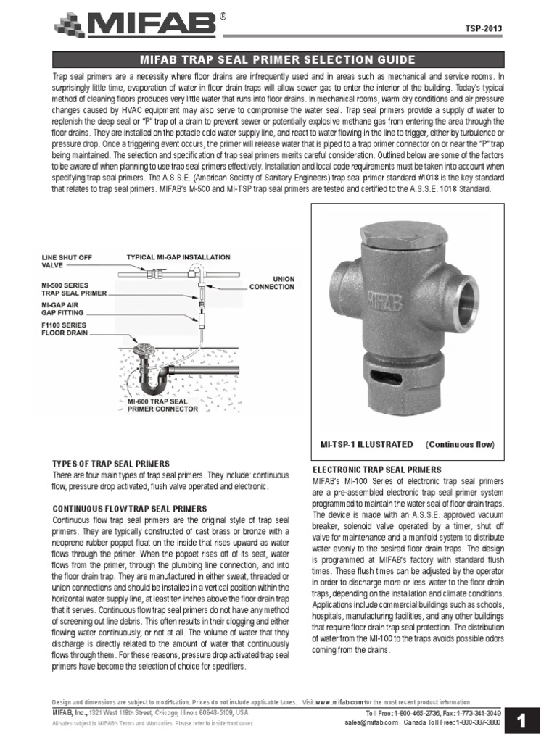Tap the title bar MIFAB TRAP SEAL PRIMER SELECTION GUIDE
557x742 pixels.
278,59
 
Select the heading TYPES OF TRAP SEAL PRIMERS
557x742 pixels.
111,463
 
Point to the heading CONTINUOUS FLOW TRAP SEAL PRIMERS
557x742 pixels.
130,509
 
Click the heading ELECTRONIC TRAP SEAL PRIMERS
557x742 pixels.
376,470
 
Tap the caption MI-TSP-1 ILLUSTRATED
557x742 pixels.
367,444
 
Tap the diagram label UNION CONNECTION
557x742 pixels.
273,282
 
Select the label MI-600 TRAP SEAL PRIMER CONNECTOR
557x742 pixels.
162,404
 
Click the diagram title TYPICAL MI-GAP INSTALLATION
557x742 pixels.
178,257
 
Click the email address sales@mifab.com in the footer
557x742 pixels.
372,722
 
